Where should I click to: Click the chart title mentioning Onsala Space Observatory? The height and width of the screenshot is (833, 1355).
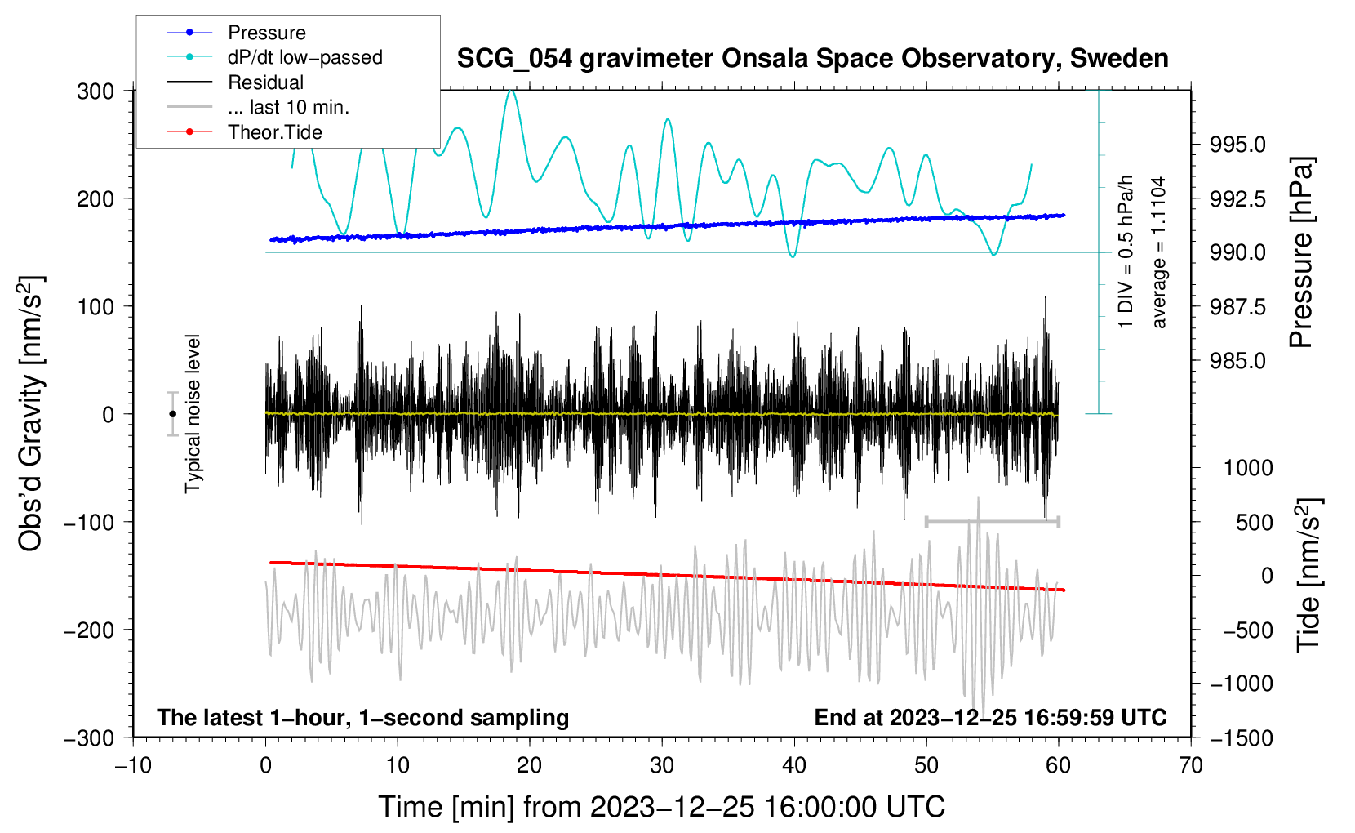(812, 59)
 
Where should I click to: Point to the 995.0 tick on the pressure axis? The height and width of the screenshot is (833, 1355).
(1238, 145)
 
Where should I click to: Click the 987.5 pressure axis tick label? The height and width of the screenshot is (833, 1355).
(1238, 307)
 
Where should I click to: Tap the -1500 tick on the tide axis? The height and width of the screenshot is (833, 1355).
(1242, 737)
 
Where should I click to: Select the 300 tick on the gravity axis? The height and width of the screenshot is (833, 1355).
(96, 91)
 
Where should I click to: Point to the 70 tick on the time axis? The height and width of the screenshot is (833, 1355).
(1191, 765)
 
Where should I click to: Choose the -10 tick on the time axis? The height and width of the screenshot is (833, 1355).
(133, 765)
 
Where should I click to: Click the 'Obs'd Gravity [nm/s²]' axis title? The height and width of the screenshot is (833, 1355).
(31, 413)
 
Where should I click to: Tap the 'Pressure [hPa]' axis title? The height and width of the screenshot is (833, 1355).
(1301, 253)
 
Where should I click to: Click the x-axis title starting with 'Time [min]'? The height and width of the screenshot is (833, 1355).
(661, 807)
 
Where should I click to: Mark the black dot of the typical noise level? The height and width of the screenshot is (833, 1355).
(172, 414)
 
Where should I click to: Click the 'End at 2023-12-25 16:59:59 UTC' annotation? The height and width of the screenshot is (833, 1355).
(990, 717)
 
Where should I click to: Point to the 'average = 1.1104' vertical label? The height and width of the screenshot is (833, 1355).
(1159, 252)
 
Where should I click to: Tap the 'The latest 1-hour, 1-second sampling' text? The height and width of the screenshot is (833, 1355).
(363, 717)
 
